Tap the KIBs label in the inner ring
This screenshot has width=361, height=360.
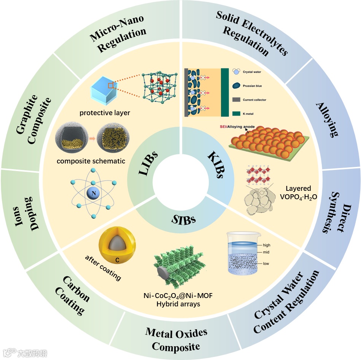(x=214, y=166)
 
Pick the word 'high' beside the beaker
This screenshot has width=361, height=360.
(x=266, y=245)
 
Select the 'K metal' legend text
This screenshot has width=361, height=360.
(x=249, y=113)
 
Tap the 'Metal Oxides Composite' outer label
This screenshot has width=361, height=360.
(x=176, y=339)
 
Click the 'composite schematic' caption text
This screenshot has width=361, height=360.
(x=91, y=161)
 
